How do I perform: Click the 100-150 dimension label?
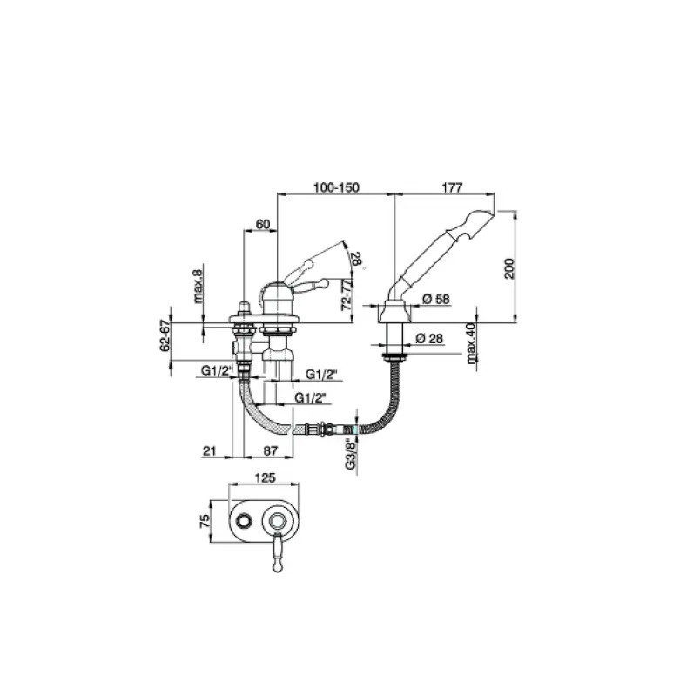(x=336, y=186)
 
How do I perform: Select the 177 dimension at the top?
(x=452, y=186)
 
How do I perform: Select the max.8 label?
(x=199, y=285)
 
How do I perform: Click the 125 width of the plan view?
(x=266, y=477)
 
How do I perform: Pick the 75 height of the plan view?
(x=205, y=521)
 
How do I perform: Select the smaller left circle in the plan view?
(x=245, y=521)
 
